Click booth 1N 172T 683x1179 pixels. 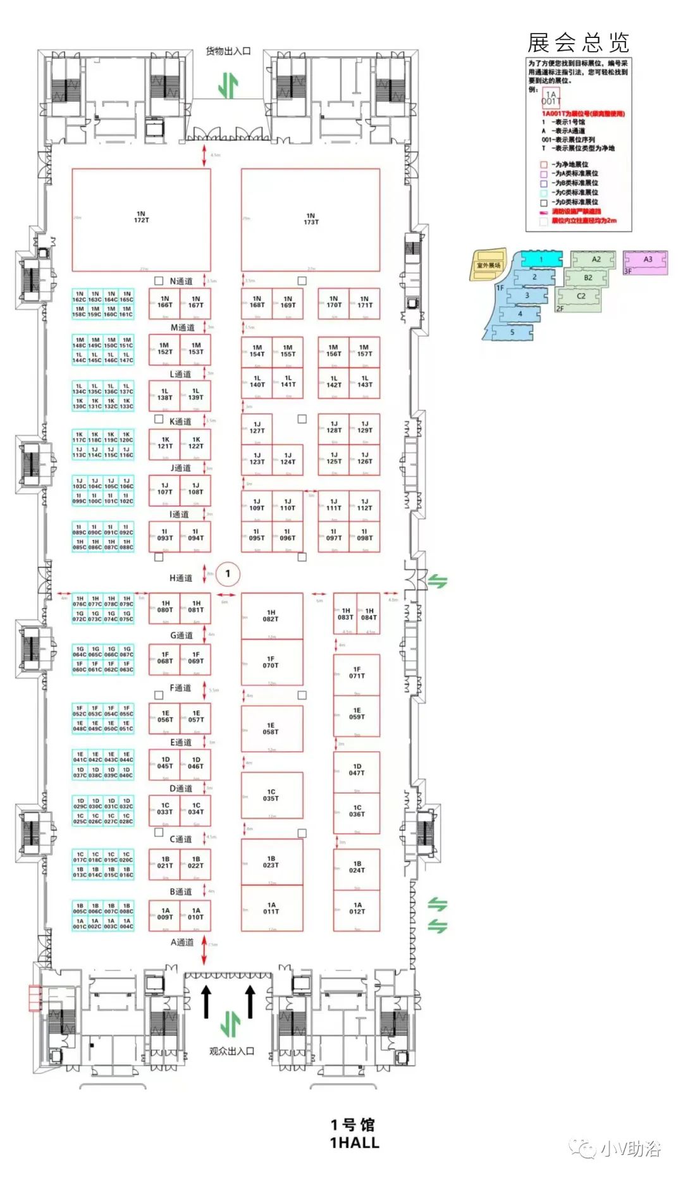coord(141,219)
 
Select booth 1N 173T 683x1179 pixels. coord(311,220)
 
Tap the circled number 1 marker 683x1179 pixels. coord(228,574)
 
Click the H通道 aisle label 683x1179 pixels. coord(181,578)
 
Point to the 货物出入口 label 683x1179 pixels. coord(228,51)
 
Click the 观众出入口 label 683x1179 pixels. coord(231,1051)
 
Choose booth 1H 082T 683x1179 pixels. coord(271,616)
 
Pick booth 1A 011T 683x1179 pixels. coord(271,908)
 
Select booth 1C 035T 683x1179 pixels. coord(271,795)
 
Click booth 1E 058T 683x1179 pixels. coord(271,728)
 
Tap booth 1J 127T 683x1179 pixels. coord(257,428)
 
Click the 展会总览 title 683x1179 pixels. coord(578,43)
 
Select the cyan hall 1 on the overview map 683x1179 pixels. coord(541,259)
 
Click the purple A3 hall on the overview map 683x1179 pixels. coord(647,260)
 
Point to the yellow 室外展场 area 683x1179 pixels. coord(489,266)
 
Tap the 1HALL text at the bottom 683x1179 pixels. coord(354,1143)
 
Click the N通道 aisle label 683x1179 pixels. coord(182,281)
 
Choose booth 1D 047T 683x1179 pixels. coord(357,769)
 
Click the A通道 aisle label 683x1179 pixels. coord(182,942)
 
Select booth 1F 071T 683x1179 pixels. coord(357,673)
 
